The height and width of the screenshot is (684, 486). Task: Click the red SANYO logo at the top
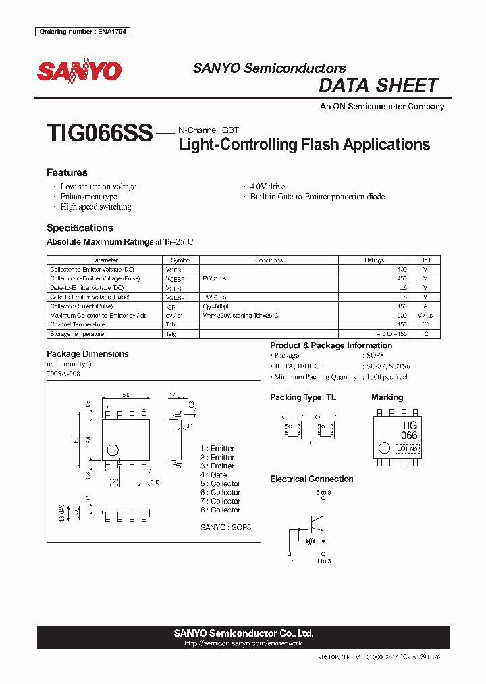[x=79, y=72]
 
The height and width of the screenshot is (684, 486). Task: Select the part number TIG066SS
[x=100, y=132]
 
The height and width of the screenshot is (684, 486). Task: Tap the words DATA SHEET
[x=378, y=86]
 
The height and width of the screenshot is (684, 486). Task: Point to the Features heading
[x=67, y=173]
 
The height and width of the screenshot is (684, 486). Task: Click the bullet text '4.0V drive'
[x=267, y=187]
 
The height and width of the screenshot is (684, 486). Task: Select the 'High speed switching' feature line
[x=96, y=207]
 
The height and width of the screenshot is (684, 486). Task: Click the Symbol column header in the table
[x=181, y=260]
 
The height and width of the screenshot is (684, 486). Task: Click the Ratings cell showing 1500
[x=400, y=316]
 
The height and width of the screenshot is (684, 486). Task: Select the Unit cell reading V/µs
[x=425, y=316]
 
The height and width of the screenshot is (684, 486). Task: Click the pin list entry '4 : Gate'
[x=213, y=474]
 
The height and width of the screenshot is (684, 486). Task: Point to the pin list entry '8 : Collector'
[x=220, y=510]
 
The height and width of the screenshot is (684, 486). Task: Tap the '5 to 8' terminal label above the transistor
[x=324, y=493]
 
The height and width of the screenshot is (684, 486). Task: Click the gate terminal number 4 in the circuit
[x=292, y=561]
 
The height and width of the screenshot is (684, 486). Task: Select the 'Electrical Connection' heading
[x=311, y=479]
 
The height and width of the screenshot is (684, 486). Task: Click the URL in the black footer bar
[x=243, y=643]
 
